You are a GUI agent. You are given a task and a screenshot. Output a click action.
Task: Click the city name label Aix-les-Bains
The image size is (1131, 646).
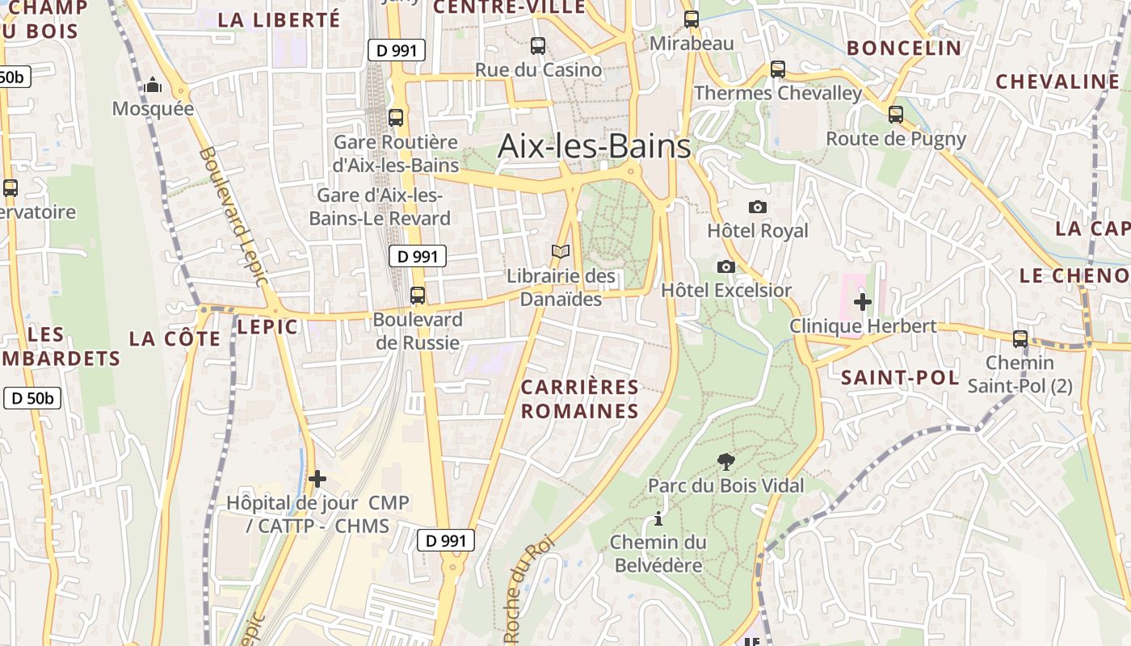(594, 146)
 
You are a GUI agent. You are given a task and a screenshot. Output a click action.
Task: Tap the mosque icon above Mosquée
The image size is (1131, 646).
(153, 86)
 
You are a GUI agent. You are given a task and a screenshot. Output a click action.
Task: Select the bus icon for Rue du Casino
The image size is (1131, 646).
(537, 46)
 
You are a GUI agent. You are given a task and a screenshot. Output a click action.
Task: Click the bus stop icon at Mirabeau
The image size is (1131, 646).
(692, 19)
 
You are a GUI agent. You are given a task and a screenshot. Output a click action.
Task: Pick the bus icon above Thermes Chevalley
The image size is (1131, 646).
(777, 69)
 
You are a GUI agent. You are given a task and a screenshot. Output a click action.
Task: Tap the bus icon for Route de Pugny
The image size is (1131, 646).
(895, 115)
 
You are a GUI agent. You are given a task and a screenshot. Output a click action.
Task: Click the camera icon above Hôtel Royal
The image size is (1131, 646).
(757, 208)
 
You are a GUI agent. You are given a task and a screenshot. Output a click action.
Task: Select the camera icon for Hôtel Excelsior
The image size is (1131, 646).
(725, 266)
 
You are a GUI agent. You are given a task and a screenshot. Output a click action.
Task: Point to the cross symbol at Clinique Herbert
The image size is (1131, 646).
(862, 302)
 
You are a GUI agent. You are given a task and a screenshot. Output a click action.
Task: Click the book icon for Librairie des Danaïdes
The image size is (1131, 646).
(561, 252)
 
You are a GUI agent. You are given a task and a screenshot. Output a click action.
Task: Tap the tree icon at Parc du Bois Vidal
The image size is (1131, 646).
(725, 462)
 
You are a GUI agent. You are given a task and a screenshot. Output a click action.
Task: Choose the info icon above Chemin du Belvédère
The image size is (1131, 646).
(658, 518)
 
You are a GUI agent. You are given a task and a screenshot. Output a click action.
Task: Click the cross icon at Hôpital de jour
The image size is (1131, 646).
(317, 479)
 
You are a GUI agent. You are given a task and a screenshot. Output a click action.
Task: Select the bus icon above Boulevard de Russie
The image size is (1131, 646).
(417, 296)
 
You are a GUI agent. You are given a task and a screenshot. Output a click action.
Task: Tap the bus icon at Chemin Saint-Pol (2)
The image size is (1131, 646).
(1020, 339)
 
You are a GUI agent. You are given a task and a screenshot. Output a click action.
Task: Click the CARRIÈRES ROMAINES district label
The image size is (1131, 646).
(579, 399)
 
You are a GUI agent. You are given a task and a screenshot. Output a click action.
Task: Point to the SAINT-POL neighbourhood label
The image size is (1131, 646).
(900, 378)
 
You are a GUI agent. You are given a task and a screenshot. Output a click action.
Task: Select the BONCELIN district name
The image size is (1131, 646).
(904, 48)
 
